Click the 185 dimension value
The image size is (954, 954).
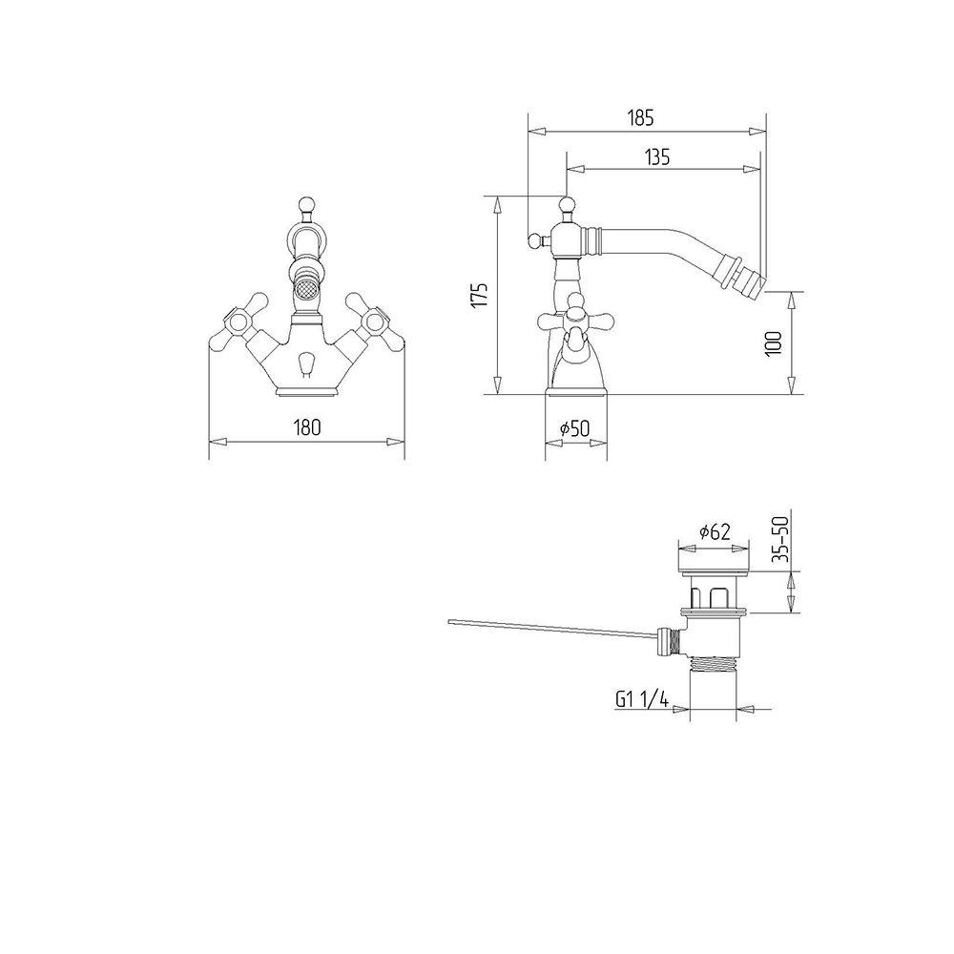tap(640, 117)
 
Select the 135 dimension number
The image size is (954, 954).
tap(657, 157)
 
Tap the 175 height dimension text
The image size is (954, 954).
tap(480, 295)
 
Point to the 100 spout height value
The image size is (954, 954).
tap(774, 343)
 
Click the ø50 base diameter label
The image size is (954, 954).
tap(575, 428)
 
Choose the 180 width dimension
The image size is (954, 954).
tap(306, 427)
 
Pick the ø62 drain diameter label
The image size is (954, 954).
tap(715, 531)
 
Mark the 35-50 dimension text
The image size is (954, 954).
tap(779, 538)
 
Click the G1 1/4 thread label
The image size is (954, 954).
tap(642, 699)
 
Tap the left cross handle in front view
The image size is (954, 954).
tap(239, 321)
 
